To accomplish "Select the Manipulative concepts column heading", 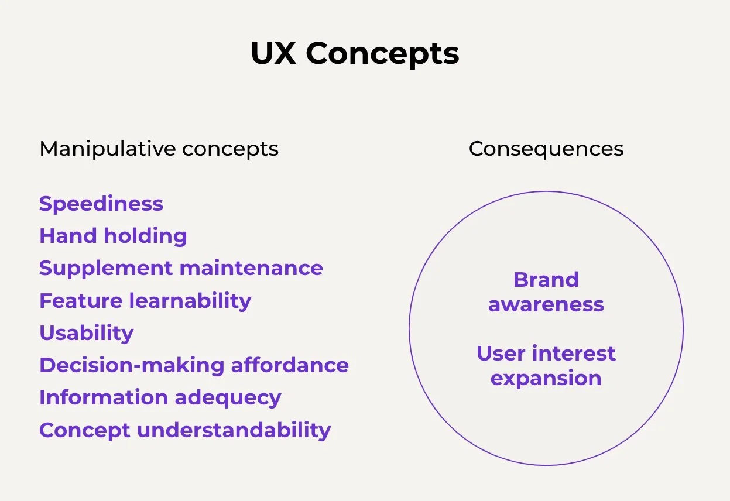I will (x=159, y=149).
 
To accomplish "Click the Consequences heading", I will (x=546, y=149).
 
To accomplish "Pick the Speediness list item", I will (x=101, y=204).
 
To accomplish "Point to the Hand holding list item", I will (x=113, y=236).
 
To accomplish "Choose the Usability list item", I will (x=87, y=334).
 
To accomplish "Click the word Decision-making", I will (x=132, y=366).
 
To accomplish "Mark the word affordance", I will (x=290, y=365).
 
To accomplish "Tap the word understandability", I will (x=234, y=430).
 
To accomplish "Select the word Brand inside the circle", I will (x=546, y=280).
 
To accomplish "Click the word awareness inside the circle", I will (x=546, y=304).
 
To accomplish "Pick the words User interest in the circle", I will (x=546, y=354).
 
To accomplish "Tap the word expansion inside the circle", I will (x=546, y=379).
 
